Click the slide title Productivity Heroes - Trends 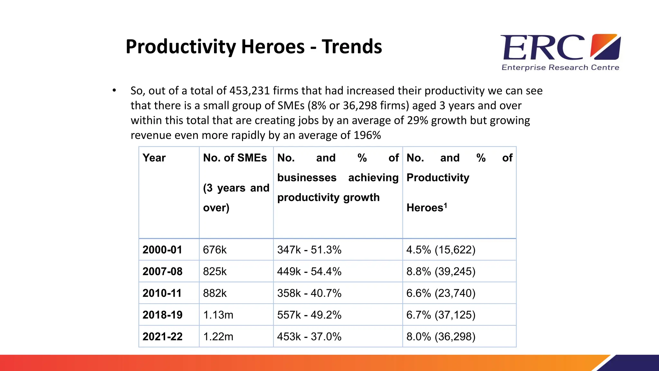pyautogui.click(x=254, y=47)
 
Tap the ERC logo pyautogui.click(x=560, y=48)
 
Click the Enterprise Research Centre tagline pyautogui.click(x=560, y=68)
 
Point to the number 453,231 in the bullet pyautogui.click(x=249, y=91)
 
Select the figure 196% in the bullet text pyautogui.click(x=367, y=135)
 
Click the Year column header pyautogui.click(x=154, y=158)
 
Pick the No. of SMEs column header pyautogui.click(x=235, y=158)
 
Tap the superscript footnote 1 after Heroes pyautogui.click(x=446, y=205)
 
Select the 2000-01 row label pyautogui.click(x=162, y=250)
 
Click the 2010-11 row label pyautogui.click(x=162, y=293)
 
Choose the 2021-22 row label pyautogui.click(x=162, y=337)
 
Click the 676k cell pyautogui.click(x=215, y=250)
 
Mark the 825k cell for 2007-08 pyautogui.click(x=215, y=272)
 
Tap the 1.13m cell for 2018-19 pyautogui.click(x=218, y=315)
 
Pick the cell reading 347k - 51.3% pyautogui.click(x=309, y=250)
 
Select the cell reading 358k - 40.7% pyautogui.click(x=309, y=293)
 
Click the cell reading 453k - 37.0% pyautogui.click(x=309, y=337)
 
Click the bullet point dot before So pyautogui.click(x=114, y=90)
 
